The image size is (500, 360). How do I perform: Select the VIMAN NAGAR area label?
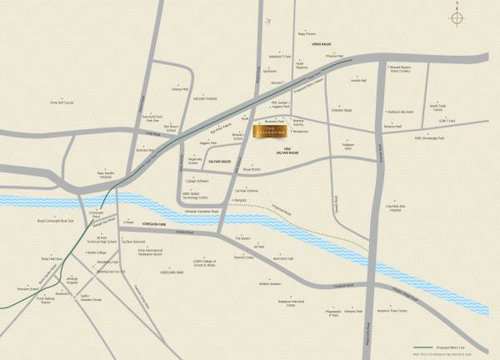coord(322,42)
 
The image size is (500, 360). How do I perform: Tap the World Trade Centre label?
coord(439,107)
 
